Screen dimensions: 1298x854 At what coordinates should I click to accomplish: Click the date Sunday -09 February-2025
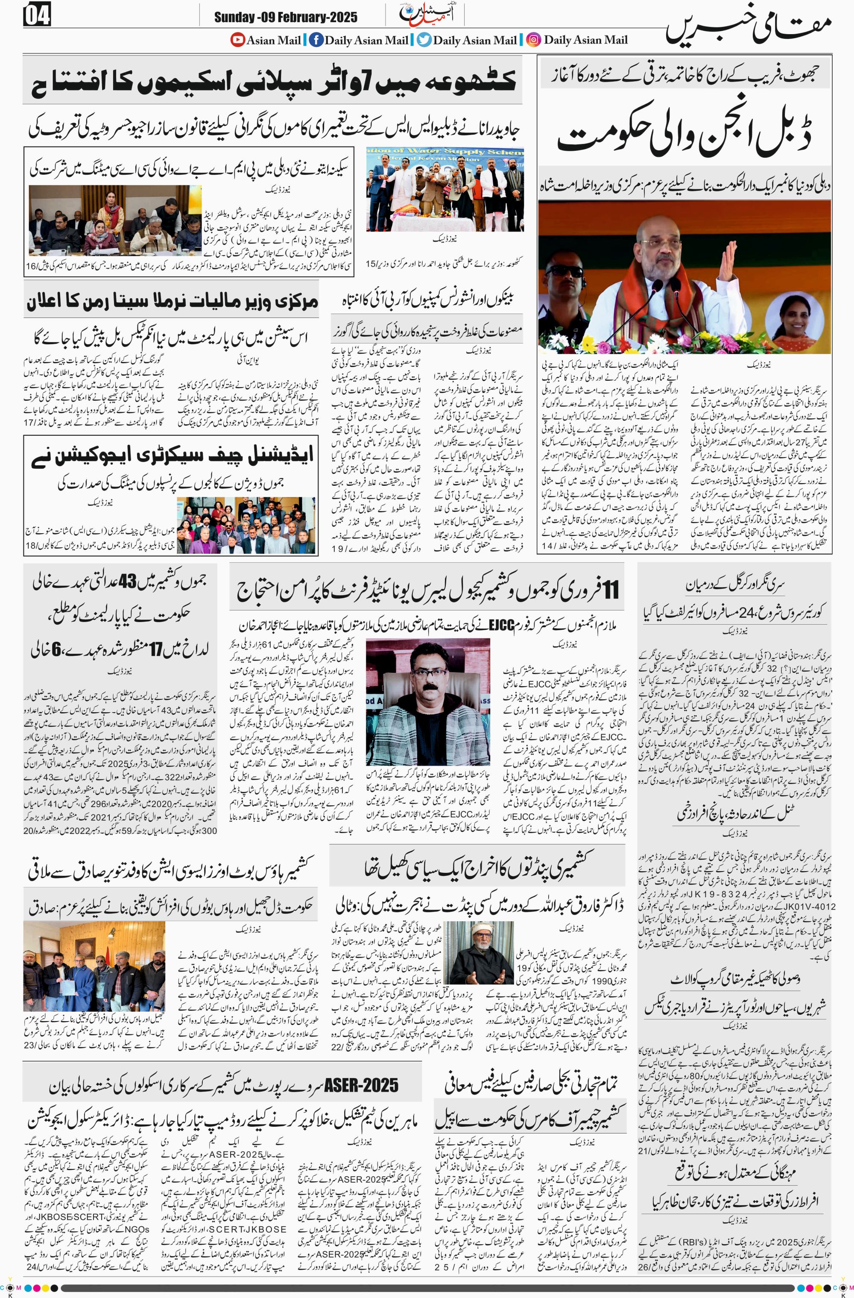coord(286,17)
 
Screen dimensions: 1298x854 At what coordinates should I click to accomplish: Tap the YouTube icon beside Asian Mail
coord(237,39)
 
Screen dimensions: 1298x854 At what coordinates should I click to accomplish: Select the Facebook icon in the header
coord(316,39)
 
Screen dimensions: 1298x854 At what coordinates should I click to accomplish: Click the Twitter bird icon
coord(424,39)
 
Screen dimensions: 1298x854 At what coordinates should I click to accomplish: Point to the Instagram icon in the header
coord(534,39)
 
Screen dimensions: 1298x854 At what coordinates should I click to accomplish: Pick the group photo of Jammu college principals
coord(247,526)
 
